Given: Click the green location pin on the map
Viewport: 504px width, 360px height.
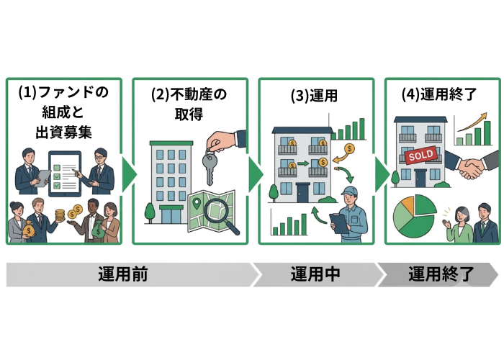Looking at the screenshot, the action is [197, 204].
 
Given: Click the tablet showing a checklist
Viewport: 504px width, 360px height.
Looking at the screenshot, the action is [65, 174].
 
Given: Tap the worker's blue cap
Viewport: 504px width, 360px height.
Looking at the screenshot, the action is [350, 190].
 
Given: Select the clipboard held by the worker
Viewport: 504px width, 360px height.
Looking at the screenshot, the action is [338, 223].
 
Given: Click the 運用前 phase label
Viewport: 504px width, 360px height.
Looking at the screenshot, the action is [123, 274].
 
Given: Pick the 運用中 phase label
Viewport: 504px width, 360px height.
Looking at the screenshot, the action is [315, 274].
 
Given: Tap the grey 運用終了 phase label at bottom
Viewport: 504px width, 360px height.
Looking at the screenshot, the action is [441, 274].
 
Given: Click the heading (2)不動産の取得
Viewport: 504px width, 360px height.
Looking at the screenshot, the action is [189, 104].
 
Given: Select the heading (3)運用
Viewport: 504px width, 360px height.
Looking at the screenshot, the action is [314, 96].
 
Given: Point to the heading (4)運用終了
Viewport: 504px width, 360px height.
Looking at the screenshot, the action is [439, 94].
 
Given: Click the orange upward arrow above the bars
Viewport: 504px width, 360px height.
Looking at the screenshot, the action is [472, 122].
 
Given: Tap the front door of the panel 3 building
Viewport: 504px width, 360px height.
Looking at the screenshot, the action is [303, 192].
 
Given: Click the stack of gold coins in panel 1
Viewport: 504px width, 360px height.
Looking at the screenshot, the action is [60, 215].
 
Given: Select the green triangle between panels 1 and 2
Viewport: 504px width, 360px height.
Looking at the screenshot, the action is [129, 174].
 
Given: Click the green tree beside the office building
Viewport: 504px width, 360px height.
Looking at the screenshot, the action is [150, 213].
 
